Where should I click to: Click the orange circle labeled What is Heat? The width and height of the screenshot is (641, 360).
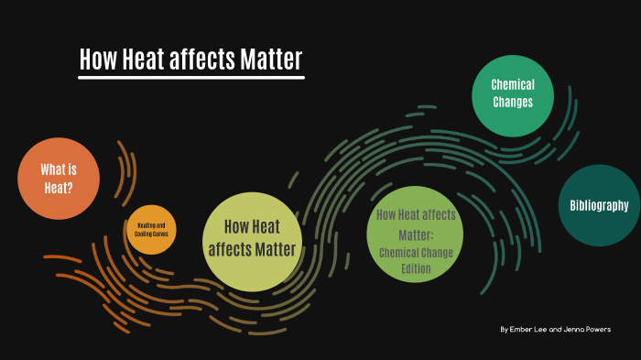coord(58,179)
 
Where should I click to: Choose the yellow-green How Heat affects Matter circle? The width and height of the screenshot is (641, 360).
coord(253,239)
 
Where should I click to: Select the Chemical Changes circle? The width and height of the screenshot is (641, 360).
coord(513,93)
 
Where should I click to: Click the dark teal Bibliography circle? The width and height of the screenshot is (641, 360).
coord(599,205)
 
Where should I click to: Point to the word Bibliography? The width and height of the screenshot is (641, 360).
coord(599,205)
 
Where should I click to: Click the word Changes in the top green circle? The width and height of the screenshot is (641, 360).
coord(513,103)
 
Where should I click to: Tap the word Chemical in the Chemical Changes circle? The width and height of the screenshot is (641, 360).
coord(513,85)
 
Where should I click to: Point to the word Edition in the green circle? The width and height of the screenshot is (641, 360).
coord(416,268)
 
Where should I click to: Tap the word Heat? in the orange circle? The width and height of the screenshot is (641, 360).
coord(59,188)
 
